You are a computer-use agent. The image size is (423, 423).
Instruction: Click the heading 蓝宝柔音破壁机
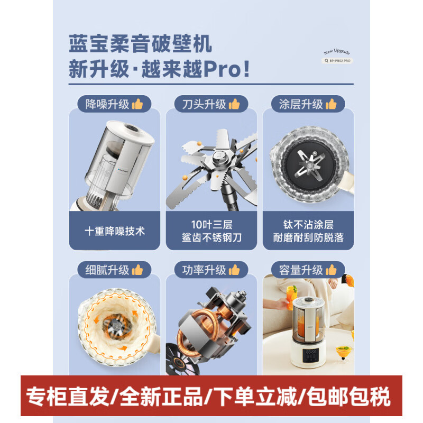tap(140, 44)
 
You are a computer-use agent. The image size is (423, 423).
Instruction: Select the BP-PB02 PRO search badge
tap(338, 61)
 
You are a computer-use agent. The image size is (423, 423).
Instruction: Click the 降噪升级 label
tap(107, 104)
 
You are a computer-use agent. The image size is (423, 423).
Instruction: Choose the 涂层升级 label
tap(301, 104)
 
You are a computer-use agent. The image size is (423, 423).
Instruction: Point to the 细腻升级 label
tap(107, 270)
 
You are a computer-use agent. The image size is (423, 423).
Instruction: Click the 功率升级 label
tap(204, 270)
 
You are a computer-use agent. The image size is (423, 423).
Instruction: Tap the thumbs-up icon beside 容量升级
tap(332, 270)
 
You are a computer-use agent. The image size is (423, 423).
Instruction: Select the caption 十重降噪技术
tap(115, 231)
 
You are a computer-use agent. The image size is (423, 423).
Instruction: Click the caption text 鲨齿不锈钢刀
tap(212, 237)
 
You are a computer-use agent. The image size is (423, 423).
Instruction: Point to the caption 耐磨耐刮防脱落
tap(308, 237)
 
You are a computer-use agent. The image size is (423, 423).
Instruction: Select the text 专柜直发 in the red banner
tap(68, 396)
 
